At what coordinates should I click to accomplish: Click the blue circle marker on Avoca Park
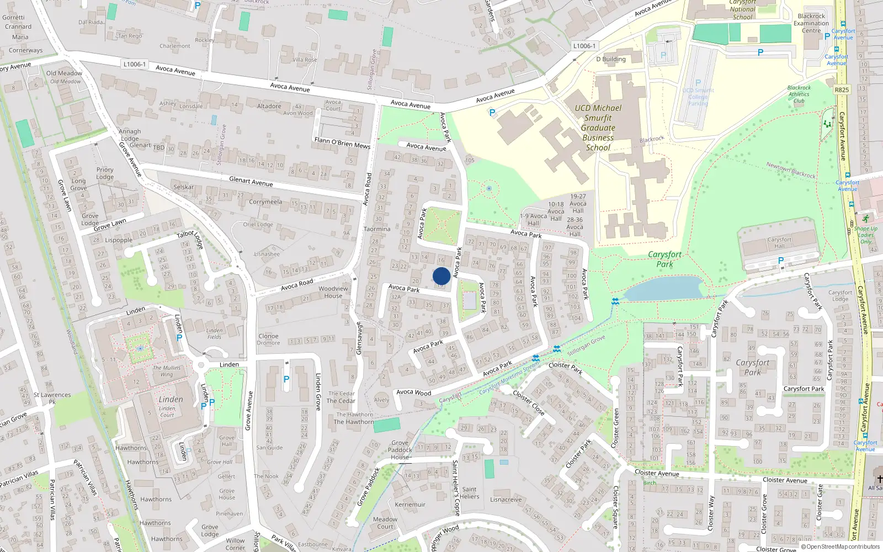(x=441, y=276)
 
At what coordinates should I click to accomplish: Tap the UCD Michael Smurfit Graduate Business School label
(x=598, y=128)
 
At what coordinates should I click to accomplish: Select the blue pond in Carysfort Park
(x=662, y=289)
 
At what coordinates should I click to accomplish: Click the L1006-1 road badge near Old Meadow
(x=135, y=65)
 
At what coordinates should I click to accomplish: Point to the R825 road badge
(x=842, y=90)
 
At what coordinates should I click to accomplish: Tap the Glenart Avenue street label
(x=251, y=181)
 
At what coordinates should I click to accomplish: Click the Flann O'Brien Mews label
(x=342, y=143)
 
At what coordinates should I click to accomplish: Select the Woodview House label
(x=333, y=292)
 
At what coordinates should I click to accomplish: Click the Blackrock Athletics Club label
(x=799, y=94)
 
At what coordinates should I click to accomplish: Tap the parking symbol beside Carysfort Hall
(x=780, y=261)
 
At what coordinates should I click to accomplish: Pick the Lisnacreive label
(x=506, y=500)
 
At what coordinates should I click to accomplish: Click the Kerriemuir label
(x=410, y=505)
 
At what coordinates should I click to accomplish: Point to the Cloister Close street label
(x=528, y=402)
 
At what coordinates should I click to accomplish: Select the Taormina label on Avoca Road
(x=377, y=229)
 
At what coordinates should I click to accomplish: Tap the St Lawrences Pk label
(x=52, y=398)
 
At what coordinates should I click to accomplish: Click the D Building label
(x=611, y=59)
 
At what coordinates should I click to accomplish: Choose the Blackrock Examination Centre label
(x=811, y=23)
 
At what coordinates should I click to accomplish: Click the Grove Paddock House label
(x=400, y=450)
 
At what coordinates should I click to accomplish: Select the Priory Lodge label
(x=105, y=173)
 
